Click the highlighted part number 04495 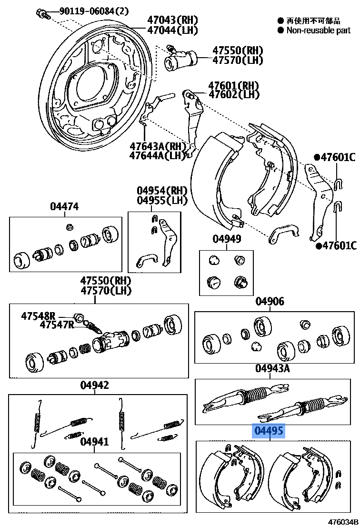(269, 432)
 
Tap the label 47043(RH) (166, 20)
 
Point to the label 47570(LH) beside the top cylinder (238, 60)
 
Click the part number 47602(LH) (233, 95)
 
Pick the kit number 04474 (64, 206)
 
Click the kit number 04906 (270, 301)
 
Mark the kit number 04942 (94, 385)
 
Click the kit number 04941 (94, 442)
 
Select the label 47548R (38, 315)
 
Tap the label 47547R (57, 325)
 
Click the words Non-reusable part (319, 30)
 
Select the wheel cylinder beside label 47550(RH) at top (180, 59)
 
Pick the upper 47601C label (338, 158)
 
